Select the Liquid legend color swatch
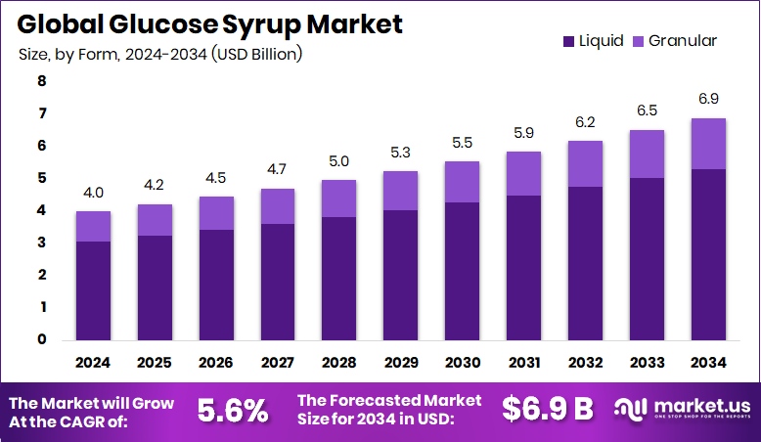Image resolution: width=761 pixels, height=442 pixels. coord(568,41)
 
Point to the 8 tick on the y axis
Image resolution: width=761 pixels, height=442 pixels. coord(41,82)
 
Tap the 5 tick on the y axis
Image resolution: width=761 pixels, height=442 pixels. coord(41,178)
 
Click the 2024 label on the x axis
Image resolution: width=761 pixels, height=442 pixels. coord(94,362)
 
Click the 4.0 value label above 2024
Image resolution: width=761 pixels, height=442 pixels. coord(94,193)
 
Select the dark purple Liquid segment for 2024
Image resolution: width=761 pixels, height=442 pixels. coord(94,290)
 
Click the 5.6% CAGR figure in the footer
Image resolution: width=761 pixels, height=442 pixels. coord(233,411)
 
